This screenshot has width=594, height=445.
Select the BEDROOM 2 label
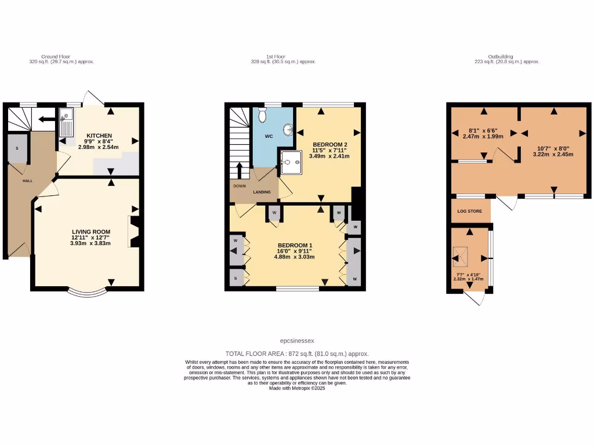329,144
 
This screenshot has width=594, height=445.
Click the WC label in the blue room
269,137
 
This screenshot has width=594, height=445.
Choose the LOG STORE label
470,211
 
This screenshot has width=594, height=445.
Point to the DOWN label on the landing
240,186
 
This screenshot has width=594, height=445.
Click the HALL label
27,181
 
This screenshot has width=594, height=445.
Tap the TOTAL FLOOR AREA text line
297,353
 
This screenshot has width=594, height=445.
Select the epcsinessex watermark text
297,341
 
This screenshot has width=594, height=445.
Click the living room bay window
87,291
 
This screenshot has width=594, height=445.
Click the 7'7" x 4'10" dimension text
468,276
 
